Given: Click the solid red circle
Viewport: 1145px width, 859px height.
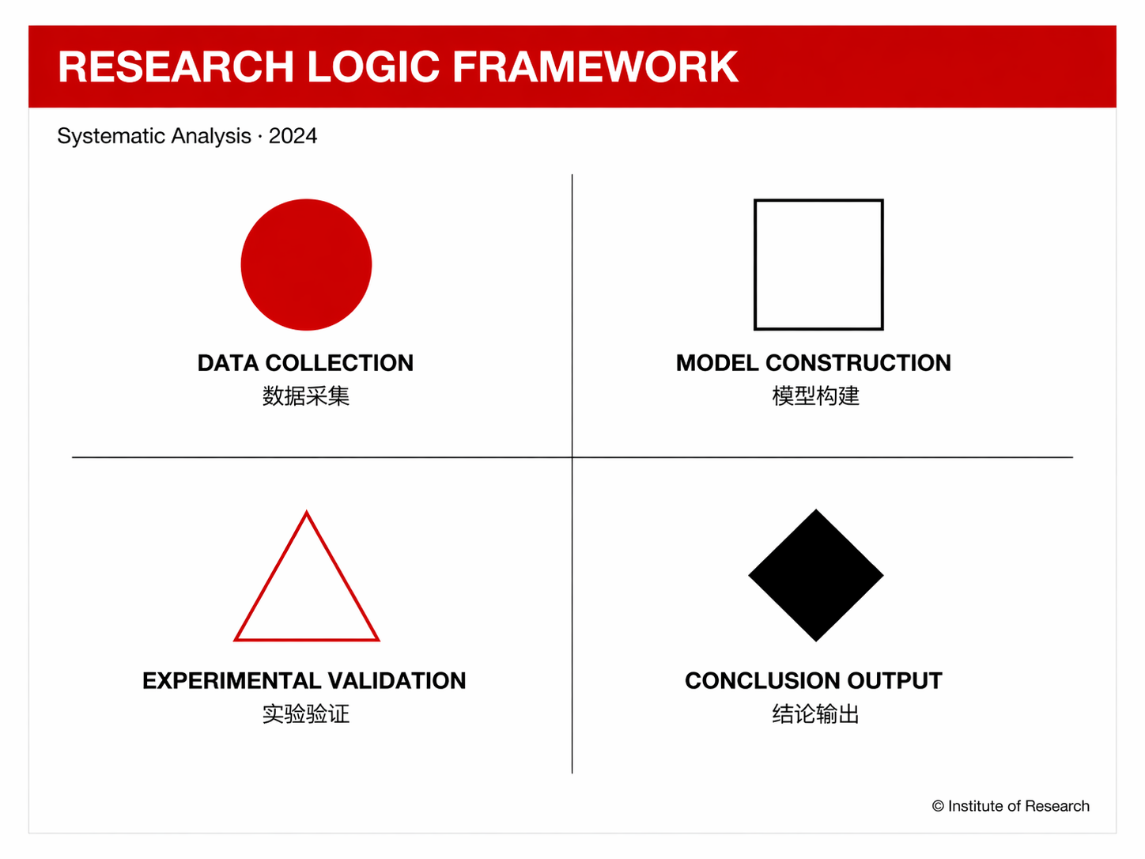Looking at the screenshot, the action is [306, 264].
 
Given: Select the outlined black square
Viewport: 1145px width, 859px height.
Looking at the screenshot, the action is [755, 264].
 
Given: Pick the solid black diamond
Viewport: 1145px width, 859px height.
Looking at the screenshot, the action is [816, 575].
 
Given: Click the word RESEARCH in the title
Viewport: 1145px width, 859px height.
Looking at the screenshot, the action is [176, 66].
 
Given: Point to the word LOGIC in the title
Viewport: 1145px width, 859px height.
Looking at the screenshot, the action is [373, 66].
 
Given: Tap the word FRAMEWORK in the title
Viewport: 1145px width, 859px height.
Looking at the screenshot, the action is [595, 66].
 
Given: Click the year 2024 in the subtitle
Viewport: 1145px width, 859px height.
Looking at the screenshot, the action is [293, 136].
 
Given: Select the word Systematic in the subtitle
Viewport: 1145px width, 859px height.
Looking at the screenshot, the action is [111, 137].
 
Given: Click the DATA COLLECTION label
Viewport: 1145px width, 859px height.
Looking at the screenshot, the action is [306, 363].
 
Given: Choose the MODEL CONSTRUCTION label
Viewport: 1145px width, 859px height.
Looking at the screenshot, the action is [814, 363].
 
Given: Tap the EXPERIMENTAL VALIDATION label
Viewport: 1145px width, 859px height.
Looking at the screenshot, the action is [304, 680].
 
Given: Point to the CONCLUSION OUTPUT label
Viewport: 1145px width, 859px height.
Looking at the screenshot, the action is [814, 680].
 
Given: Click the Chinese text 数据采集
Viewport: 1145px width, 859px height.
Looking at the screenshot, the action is [306, 395].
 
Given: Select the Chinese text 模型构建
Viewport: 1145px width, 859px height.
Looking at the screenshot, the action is [816, 395].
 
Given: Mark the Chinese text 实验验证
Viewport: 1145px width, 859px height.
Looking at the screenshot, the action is [306, 713].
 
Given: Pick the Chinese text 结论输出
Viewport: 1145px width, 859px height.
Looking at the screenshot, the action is [816, 713].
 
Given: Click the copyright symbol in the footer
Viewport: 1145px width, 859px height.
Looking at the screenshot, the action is [938, 806].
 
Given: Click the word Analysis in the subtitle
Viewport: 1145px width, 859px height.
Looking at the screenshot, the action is [211, 137].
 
